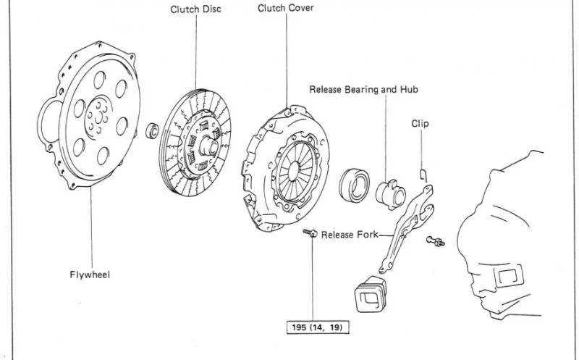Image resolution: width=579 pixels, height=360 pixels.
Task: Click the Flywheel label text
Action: pyautogui.click(x=90, y=275)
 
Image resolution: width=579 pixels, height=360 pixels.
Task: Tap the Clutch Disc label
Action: pyautogui.click(x=195, y=9)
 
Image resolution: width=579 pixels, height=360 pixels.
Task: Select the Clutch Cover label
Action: pyautogui.click(x=285, y=8)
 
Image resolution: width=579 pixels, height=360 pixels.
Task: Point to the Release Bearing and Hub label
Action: pyautogui.click(x=364, y=89)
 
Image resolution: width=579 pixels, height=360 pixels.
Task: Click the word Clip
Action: pyautogui.click(x=420, y=123)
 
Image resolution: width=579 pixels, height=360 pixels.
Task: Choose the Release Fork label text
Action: pyautogui.click(x=350, y=235)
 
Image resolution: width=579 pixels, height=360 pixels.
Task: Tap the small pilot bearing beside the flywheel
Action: pyautogui.click(x=152, y=131)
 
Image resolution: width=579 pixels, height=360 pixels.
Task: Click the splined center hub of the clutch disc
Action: pyautogui.click(x=209, y=147)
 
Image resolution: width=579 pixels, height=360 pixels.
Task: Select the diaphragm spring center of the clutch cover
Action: pyautogui.click(x=294, y=172)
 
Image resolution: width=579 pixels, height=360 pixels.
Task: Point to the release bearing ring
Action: pyautogui.click(x=355, y=185)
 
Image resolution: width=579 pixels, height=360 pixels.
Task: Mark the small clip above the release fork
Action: pyautogui.click(x=423, y=175)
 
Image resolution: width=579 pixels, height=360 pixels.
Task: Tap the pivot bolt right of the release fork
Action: pyautogui.click(x=436, y=241)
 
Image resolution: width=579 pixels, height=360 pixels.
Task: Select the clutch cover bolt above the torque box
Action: pyautogui.click(x=310, y=233)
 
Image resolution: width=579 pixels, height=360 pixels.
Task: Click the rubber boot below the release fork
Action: pyautogui.click(x=371, y=294)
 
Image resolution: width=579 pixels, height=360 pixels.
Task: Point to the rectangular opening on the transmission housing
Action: pyautogui.click(x=509, y=276)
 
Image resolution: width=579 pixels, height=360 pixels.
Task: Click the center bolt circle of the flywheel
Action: pyautogui.click(x=98, y=118)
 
